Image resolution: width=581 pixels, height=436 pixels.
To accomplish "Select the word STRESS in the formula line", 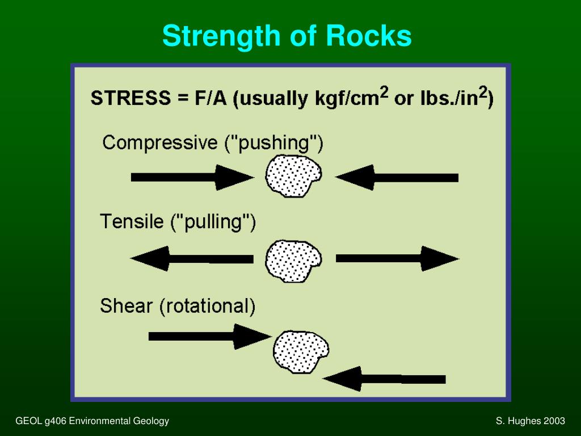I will [x=130, y=98].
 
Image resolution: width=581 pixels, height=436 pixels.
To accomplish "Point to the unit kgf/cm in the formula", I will [x=346, y=98].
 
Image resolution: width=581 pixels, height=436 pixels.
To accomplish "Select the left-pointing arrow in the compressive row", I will [x=397, y=177].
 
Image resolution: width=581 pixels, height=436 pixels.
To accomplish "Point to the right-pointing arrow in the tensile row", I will [x=397, y=259].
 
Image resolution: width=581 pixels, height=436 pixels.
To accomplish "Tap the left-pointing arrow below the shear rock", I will [x=384, y=379].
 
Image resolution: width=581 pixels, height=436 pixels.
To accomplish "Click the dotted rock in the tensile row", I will [x=293, y=261].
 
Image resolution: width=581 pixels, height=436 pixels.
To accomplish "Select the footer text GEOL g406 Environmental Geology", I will [x=92, y=421].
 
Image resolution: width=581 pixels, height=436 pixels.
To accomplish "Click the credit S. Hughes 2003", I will [x=530, y=421].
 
